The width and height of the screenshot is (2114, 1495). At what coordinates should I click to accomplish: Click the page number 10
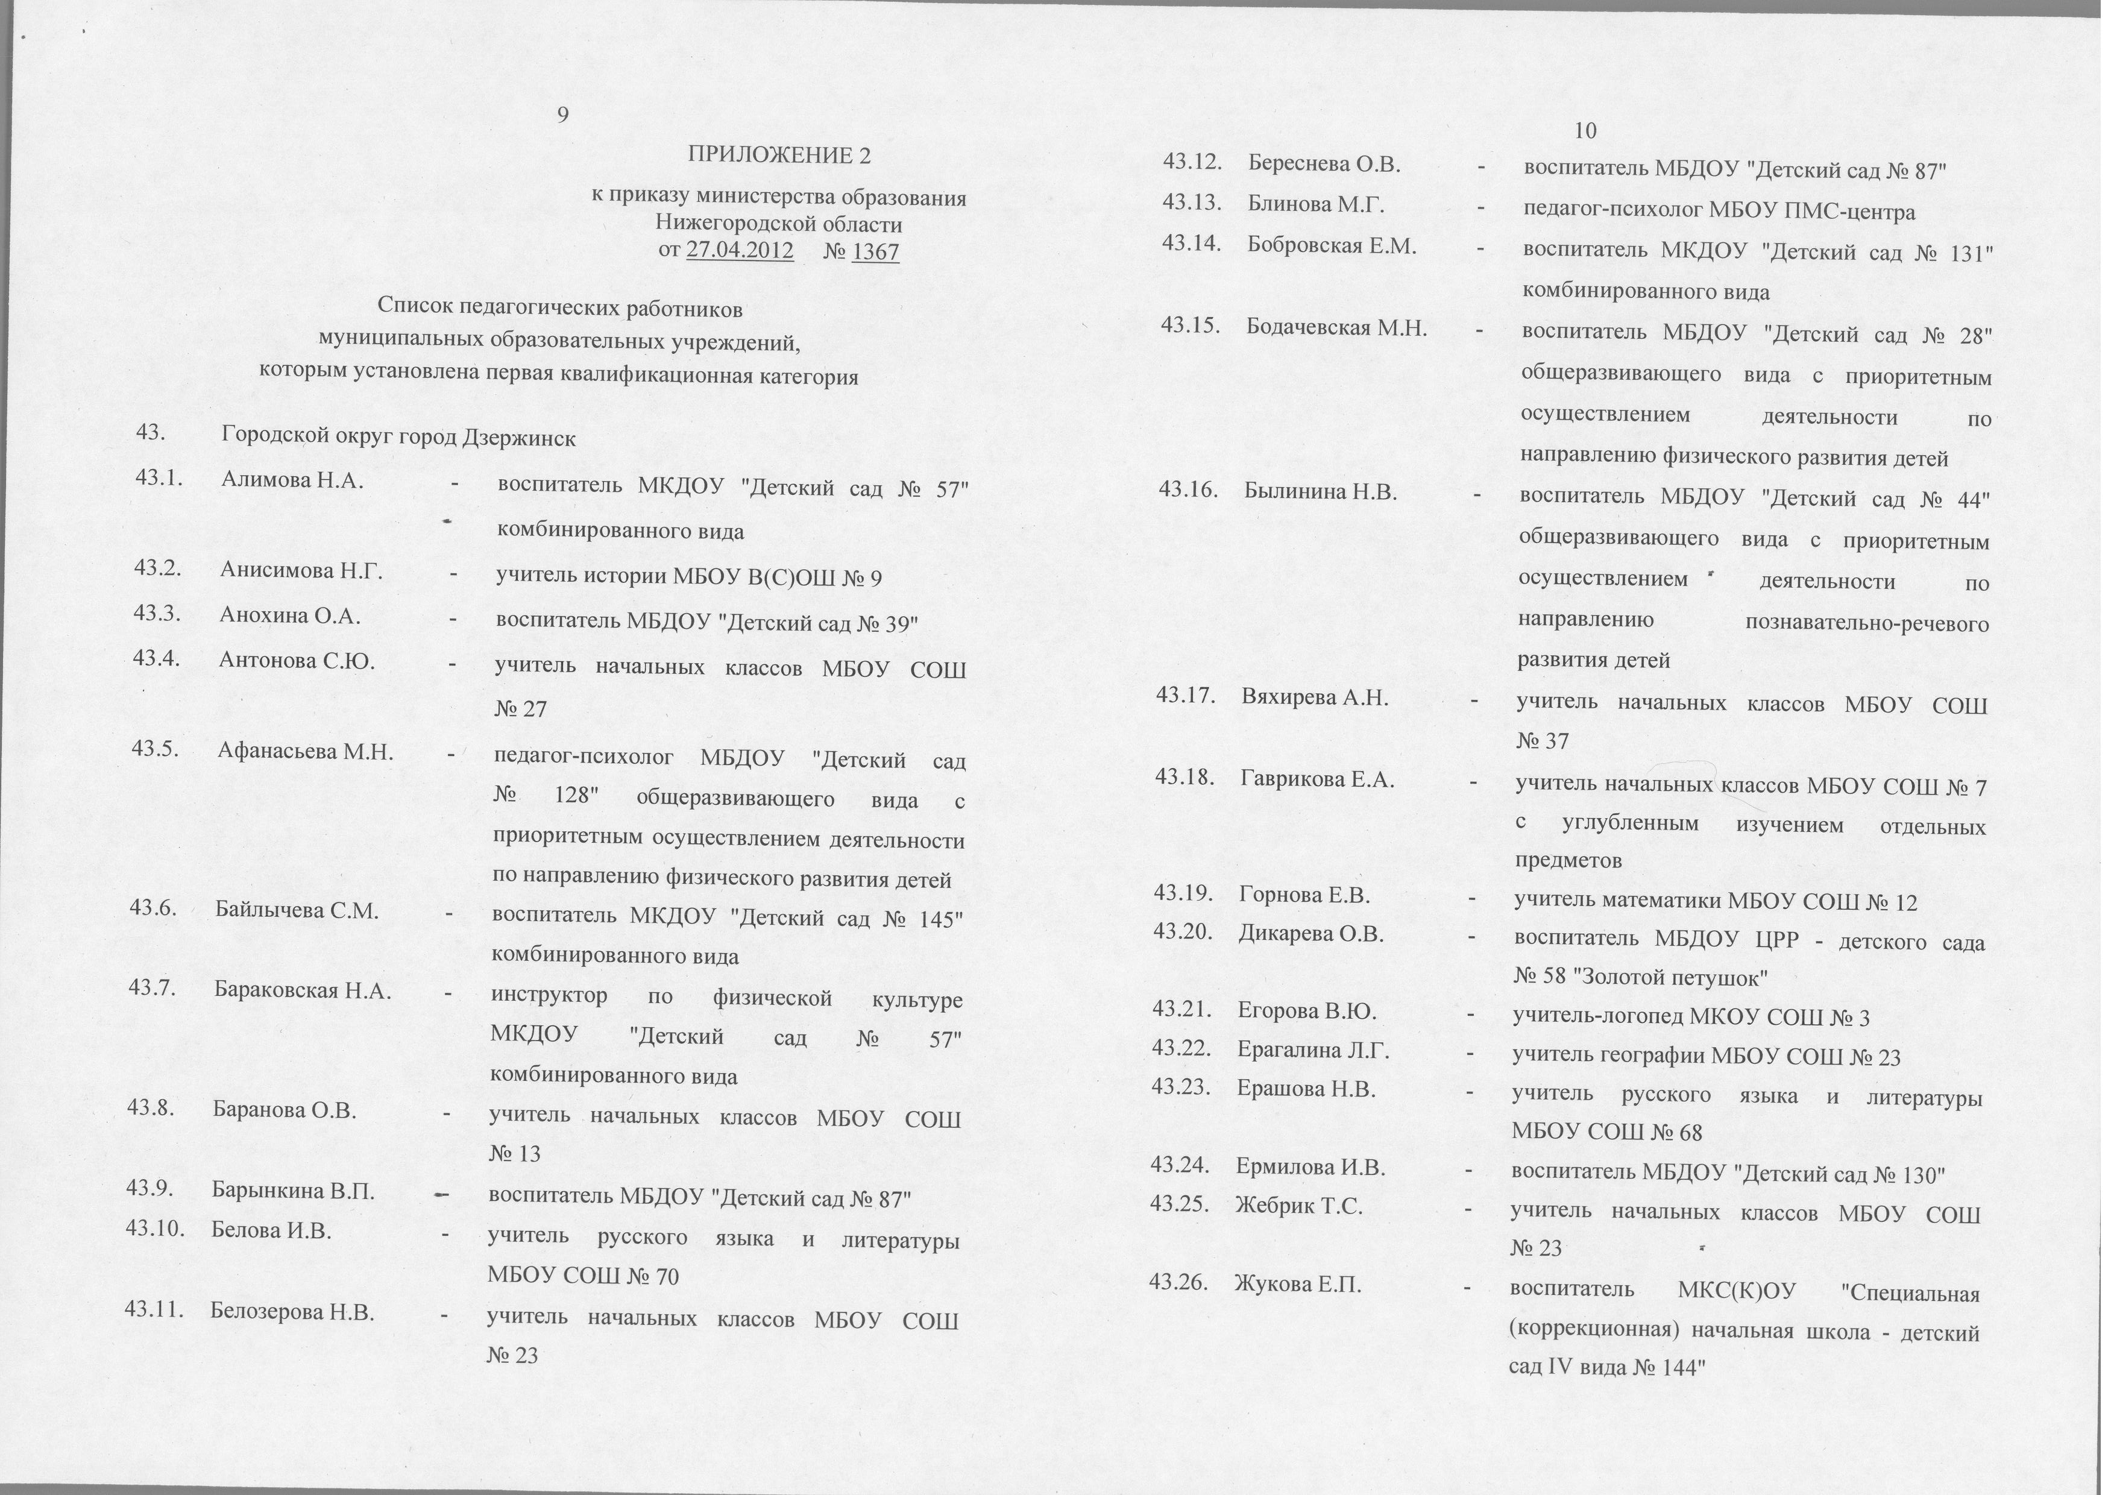click(x=1585, y=131)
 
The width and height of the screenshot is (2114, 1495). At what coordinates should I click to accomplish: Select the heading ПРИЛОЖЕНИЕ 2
click(x=779, y=156)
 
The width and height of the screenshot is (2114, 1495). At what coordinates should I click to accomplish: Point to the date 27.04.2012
click(x=740, y=250)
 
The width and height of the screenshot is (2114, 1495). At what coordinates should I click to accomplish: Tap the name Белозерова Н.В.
click(x=292, y=1311)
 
